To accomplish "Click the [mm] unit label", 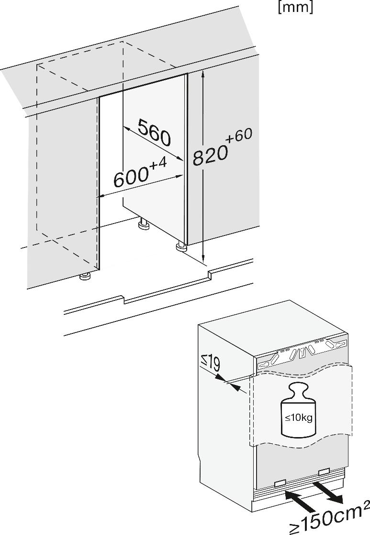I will (x=295, y=8).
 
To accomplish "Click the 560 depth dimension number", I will (x=154, y=133).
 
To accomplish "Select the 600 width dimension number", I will (x=130, y=178).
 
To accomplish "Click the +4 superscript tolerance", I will (x=157, y=164).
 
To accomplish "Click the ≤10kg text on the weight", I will (x=298, y=418).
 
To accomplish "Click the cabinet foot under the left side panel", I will (x=85, y=277).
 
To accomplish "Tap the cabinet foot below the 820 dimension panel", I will (x=181, y=246).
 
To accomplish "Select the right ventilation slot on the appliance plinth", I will (x=324, y=472).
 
